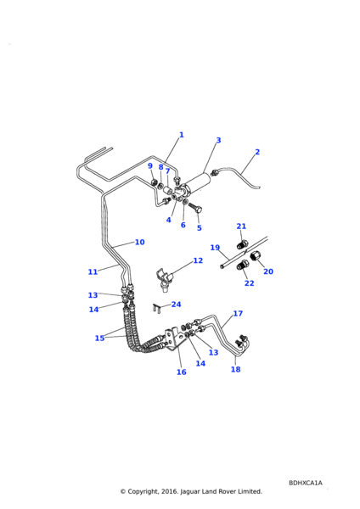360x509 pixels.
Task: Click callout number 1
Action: coord(182,135)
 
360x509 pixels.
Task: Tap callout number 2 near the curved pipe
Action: coord(257,152)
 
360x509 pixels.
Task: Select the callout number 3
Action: coord(218,140)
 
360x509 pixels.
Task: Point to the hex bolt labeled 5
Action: coord(195,207)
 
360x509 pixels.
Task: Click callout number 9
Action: coord(150,166)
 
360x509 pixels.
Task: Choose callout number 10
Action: coord(140,242)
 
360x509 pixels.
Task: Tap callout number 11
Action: coord(93,271)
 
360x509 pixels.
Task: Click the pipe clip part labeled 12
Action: coord(165,280)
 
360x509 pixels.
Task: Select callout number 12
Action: coord(198,260)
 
